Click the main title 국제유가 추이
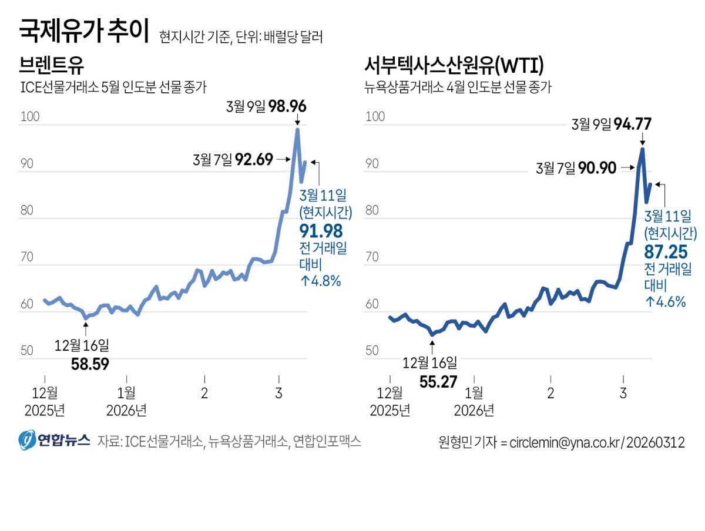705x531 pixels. coord(85,31)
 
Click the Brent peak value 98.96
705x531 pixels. coord(287,107)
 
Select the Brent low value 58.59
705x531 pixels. coord(90,364)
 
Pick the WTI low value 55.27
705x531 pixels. coord(438,381)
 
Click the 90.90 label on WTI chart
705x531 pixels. coord(597,169)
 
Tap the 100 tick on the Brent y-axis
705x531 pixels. coord(29,116)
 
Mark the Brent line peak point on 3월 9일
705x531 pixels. coord(297,129)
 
